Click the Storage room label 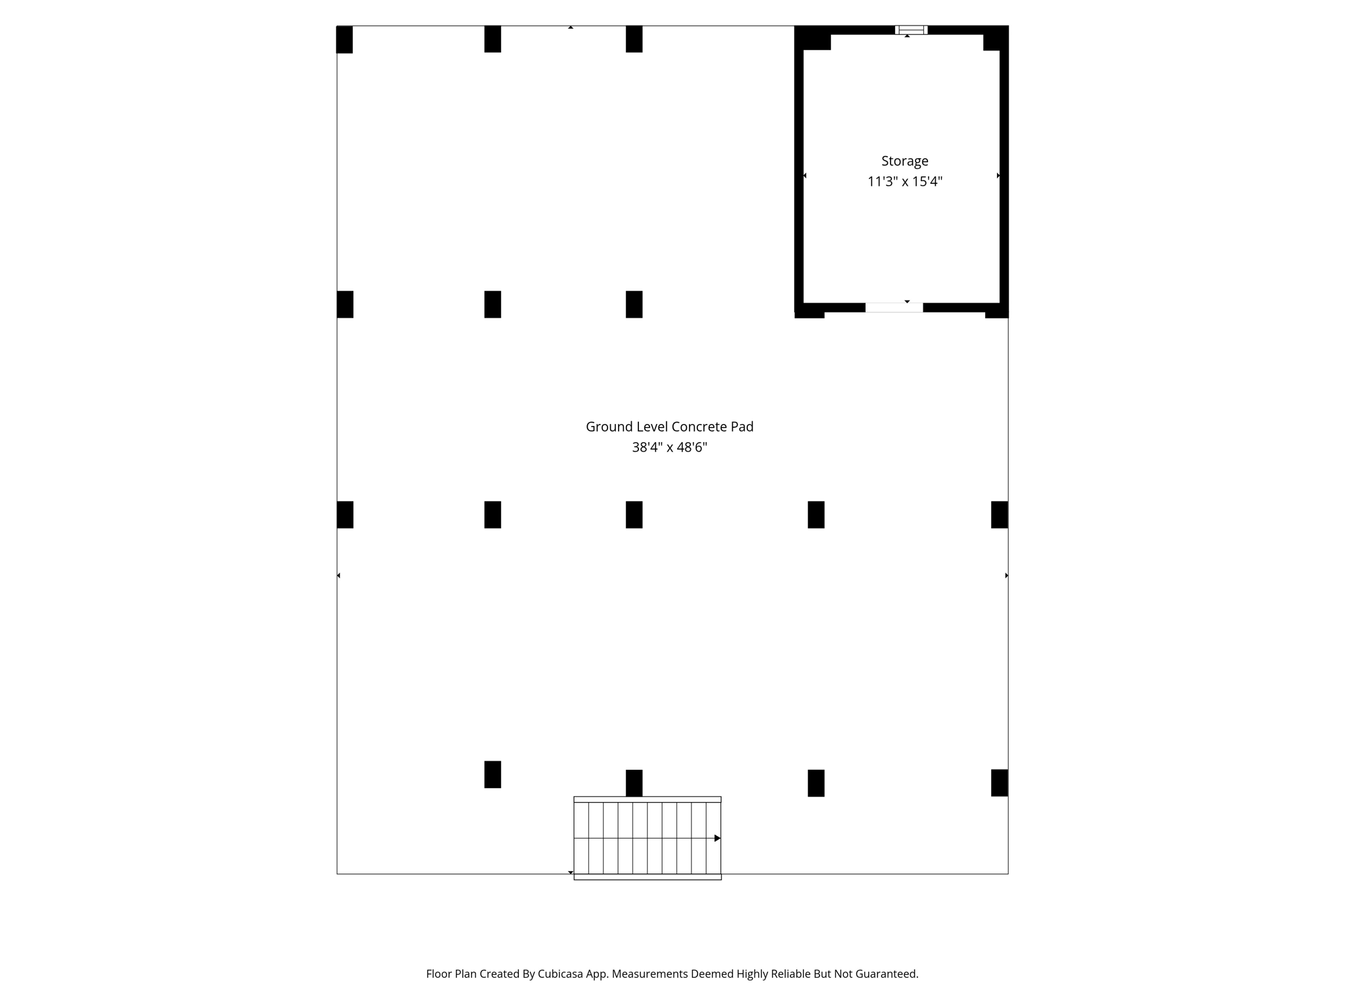coord(904,161)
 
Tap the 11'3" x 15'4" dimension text coord(904,182)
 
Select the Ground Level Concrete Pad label coord(669,427)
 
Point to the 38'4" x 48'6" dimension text coord(669,448)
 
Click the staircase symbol coord(648,838)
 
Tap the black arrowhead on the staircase coord(718,838)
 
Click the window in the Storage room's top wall coord(911,30)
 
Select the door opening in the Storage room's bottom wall coord(894,307)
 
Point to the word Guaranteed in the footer coord(885,974)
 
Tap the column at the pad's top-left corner coord(344,39)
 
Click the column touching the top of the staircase coord(634,783)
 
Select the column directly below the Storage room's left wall coord(816,514)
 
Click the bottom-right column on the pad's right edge coord(1000,783)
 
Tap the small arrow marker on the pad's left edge coord(338,576)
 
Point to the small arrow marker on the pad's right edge coord(1007,576)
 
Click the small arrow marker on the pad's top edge coord(571,28)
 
